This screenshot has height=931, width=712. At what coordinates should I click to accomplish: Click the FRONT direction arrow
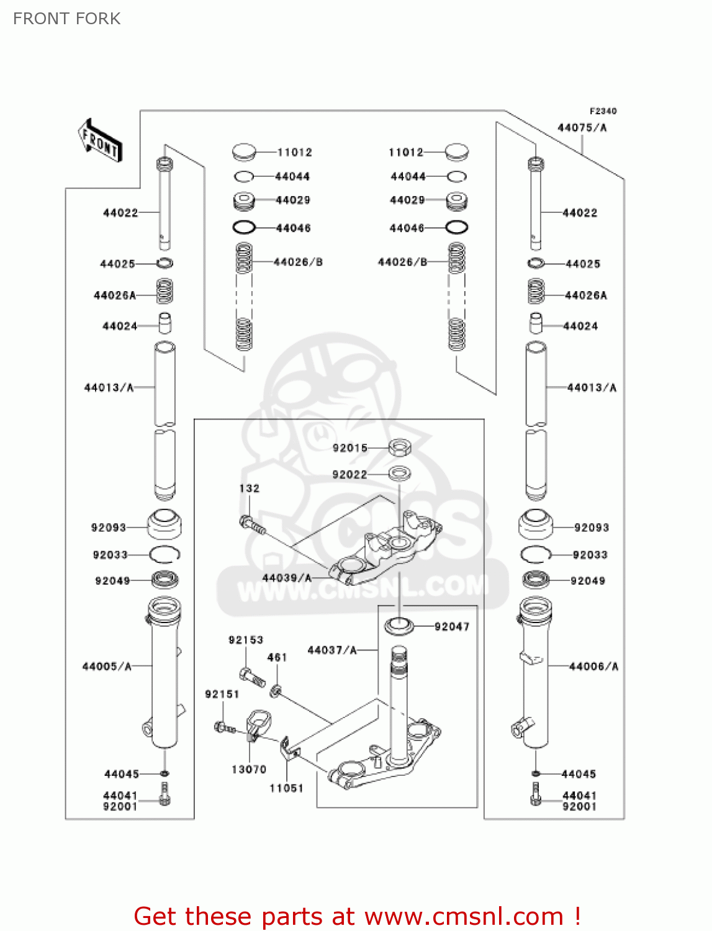click(99, 141)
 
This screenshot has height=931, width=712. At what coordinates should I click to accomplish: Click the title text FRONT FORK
click(66, 19)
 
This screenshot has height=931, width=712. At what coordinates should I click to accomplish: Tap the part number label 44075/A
click(582, 128)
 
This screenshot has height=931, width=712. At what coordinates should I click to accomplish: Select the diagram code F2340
click(603, 111)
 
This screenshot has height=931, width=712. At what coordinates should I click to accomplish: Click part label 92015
click(350, 448)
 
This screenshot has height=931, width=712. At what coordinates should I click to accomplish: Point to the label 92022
click(349, 475)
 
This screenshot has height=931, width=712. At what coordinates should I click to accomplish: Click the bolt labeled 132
click(252, 525)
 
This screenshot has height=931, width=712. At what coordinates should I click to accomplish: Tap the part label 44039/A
click(287, 578)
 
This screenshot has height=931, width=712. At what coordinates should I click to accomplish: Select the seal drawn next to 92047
click(399, 626)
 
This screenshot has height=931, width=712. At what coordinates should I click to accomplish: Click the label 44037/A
click(332, 650)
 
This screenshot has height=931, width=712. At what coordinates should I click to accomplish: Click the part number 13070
click(249, 770)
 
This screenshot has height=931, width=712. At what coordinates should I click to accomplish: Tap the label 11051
click(286, 788)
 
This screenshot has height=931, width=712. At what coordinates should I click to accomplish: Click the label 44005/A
click(107, 667)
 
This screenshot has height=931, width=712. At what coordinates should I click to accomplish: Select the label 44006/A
click(593, 667)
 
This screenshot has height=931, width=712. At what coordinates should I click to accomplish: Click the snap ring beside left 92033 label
click(164, 554)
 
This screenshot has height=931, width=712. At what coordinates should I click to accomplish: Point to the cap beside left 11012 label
click(244, 151)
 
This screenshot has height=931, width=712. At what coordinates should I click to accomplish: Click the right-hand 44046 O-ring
click(457, 227)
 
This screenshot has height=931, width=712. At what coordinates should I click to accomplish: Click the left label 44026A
click(115, 295)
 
